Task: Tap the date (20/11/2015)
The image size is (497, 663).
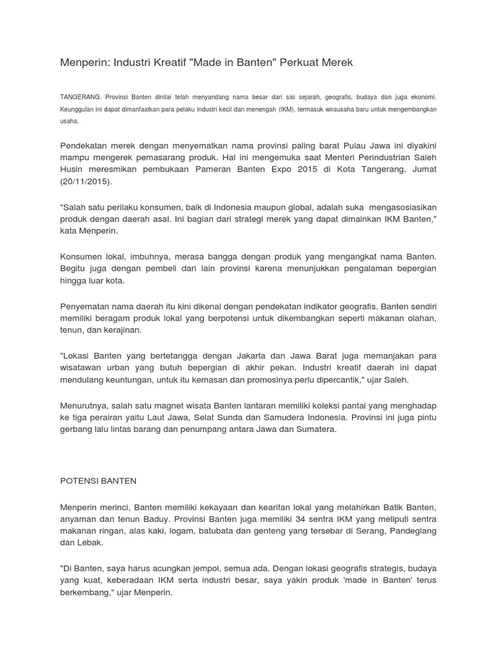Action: point(86,181)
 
